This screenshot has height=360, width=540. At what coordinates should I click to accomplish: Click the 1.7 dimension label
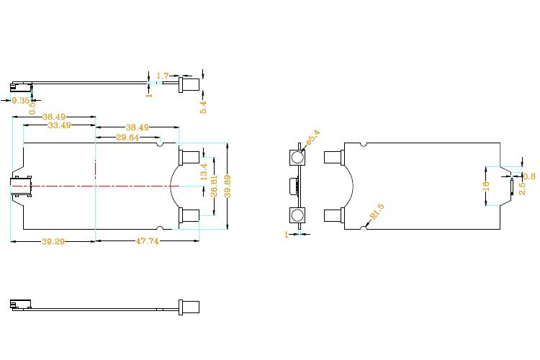pyautogui.click(x=162, y=75)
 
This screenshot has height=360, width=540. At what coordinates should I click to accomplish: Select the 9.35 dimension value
pyautogui.click(x=20, y=101)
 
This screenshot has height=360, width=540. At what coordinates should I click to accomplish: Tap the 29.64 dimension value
pyautogui.click(x=127, y=138)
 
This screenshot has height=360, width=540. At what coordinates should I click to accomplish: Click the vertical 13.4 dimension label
pyautogui.click(x=204, y=171)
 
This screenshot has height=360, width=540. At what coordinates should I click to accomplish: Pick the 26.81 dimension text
pyautogui.click(x=214, y=186)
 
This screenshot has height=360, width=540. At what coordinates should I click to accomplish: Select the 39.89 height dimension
pyautogui.click(x=228, y=186)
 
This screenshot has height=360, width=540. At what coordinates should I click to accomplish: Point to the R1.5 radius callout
pyautogui.click(x=377, y=212)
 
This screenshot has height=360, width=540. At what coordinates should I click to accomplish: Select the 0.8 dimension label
pyautogui.click(x=528, y=176)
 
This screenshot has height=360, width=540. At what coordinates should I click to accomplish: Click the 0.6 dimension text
pyautogui.click(x=32, y=105)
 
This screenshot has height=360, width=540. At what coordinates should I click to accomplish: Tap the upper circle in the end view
pyautogui.click(x=297, y=158)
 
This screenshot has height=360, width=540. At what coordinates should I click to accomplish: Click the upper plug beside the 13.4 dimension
pyautogui.click(x=190, y=156)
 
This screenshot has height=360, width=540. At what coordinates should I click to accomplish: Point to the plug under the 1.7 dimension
pyautogui.click(x=189, y=84)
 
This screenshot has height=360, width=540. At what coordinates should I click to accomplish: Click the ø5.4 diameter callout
pyautogui.click(x=312, y=138)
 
